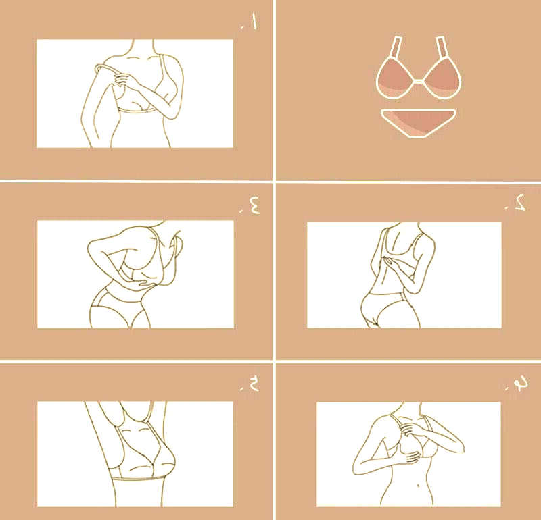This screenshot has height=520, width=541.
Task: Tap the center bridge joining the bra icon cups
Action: pyautogui.click(x=419, y=81)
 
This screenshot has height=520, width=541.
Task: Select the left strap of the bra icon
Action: pyautogui.click(x=396, y=47)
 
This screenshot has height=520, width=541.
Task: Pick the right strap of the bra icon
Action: pyautogui.click(x=442, y=47)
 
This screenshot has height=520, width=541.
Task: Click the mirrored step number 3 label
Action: pyautogui.click(x=251, y=206)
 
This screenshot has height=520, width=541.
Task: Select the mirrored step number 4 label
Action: pyautogui.click(x=517, y=383)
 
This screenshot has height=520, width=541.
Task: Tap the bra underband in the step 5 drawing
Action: pyautogui.click(x=138, y=479)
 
